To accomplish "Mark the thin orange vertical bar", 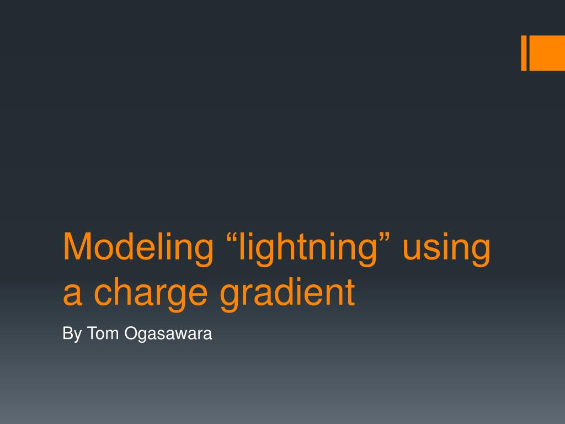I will pos(524,53).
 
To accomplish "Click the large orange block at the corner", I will pos(547,53).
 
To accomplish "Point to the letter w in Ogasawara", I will pos(178,335).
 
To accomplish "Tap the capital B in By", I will pos(67,333).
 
